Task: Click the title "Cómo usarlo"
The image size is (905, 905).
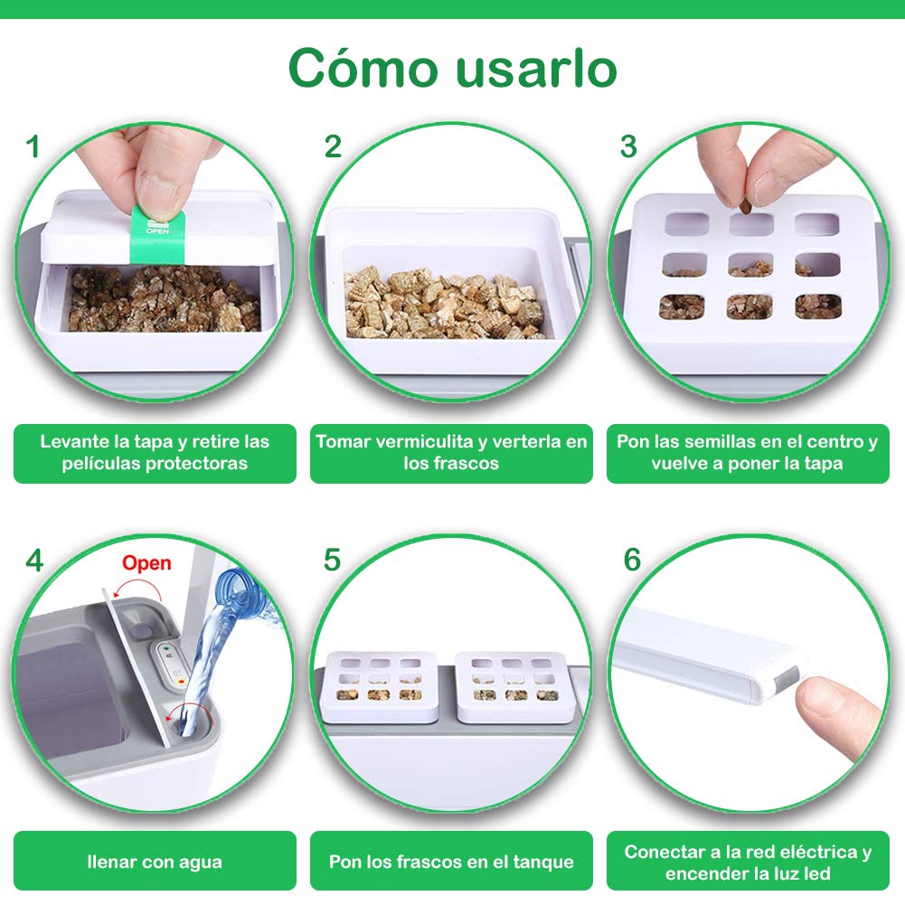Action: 452,69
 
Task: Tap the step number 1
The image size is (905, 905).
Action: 33,146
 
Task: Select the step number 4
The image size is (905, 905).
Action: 34,560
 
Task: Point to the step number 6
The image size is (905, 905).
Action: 632,560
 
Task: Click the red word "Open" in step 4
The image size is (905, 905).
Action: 146,563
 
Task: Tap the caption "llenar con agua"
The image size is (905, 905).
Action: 155,862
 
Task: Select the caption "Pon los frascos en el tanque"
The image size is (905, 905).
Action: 451,862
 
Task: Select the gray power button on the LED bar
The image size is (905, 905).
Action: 786,681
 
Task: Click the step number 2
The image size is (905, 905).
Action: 333,146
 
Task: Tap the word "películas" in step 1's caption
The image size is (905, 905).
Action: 101,464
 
